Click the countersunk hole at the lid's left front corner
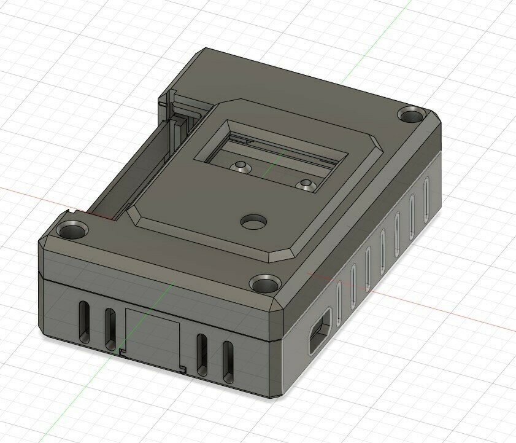click(72, 231)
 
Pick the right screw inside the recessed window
click(305, 184)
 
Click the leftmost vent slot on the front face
click(83, 320)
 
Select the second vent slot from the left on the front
click(110, 326)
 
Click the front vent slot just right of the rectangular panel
click(201, 353)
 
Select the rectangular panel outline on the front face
click(152, 336)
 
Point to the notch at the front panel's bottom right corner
click(183, 369)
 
